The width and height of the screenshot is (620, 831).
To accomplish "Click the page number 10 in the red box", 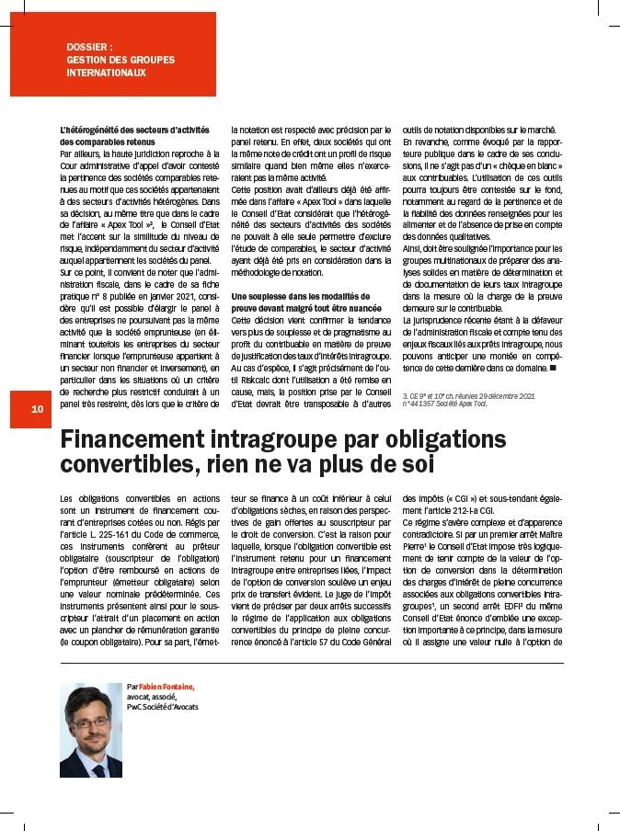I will [x=37, y=409].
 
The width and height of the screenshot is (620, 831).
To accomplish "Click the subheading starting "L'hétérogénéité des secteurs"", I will [x=134, y=131].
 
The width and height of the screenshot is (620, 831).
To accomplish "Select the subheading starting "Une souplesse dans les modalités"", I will [x=305, y=296].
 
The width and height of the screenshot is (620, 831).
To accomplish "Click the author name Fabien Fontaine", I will [x=166, y=687].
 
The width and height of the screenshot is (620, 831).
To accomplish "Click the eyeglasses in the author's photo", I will [x=90, y=723].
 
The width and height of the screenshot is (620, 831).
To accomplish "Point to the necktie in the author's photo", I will [x=96, y=770].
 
